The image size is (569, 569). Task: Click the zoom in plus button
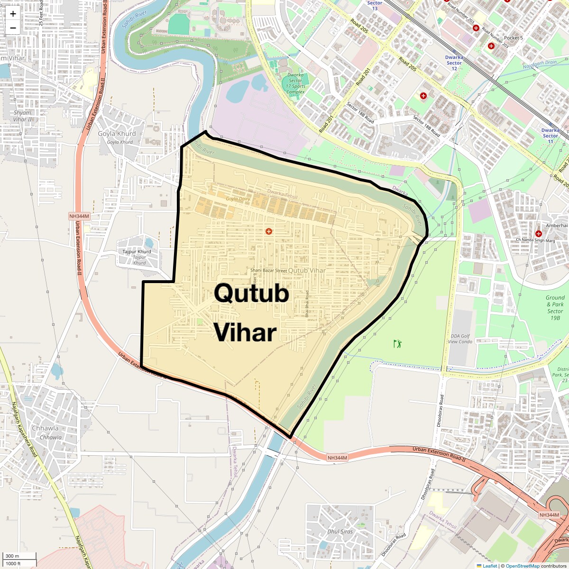click(13, 14)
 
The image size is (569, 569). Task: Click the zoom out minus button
click(13, 28)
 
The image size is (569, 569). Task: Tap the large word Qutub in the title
click(251, 294)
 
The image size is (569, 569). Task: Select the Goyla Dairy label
click(238, 199)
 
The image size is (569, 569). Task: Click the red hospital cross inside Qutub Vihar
click(269, 231)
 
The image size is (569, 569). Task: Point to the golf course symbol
click(397, 343)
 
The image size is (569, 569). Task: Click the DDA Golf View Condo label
click(460, 339)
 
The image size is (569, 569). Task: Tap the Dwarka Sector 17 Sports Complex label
click(295, 83)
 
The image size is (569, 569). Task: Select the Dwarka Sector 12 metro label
click(454, 63)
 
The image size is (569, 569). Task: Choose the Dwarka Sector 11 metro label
click(550, 136)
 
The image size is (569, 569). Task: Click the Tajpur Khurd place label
click(137, 252)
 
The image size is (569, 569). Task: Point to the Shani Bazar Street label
click(268, 270)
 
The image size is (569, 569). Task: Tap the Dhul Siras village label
click(340, 532)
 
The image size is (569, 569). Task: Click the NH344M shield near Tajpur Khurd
click(79, 216)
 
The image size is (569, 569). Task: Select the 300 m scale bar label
click(13, 556)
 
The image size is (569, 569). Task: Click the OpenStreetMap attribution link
click(522, 566)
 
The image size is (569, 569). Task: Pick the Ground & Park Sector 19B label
click(555, 308)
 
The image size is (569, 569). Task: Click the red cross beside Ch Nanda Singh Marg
click(538, 234)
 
